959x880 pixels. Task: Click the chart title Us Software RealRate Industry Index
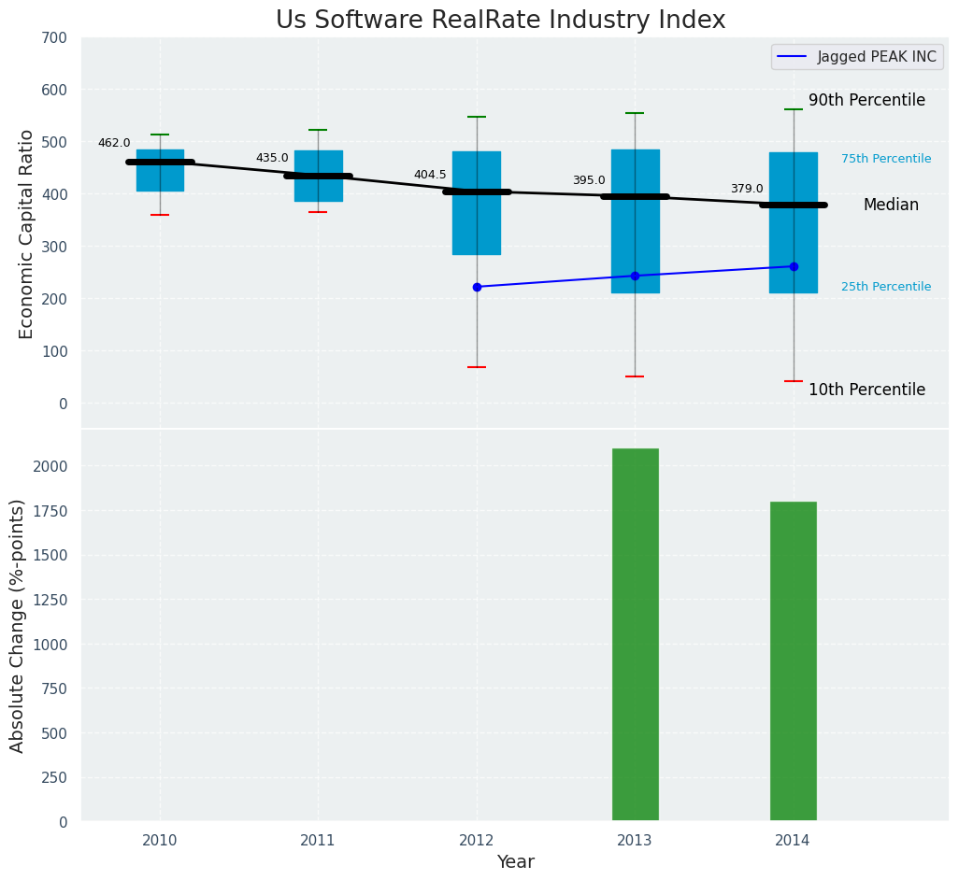(500, 21)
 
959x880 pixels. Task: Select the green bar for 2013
(635, 634)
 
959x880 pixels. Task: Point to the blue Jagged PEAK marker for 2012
(477, 287)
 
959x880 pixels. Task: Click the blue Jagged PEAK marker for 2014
(794, 266)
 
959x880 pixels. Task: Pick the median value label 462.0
(114, 143)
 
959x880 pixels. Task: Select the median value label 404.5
(430, 175)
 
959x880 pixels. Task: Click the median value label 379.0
(747, 189)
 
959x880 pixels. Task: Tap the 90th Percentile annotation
(866, 100)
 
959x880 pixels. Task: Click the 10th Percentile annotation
(866, 390)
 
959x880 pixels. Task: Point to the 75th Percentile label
(885, 159)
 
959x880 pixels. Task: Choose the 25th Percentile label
(885, 287)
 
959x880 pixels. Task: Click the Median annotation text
(890, 205)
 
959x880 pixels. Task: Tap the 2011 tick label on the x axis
(318, 841)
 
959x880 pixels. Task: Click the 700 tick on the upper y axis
(54, 37)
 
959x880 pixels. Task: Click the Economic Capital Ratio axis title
(27, 234)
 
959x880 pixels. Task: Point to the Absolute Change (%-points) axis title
(18, 625)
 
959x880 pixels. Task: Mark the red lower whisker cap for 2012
(477, 367)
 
